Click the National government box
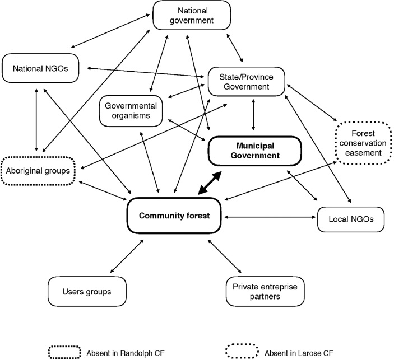pos(192,16)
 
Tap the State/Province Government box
pos(247,81)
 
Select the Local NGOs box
pos(351,219)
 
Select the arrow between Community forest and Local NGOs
pos(268,217)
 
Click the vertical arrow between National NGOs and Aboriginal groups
pos(36,120)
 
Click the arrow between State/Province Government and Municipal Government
pos(254,115)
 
